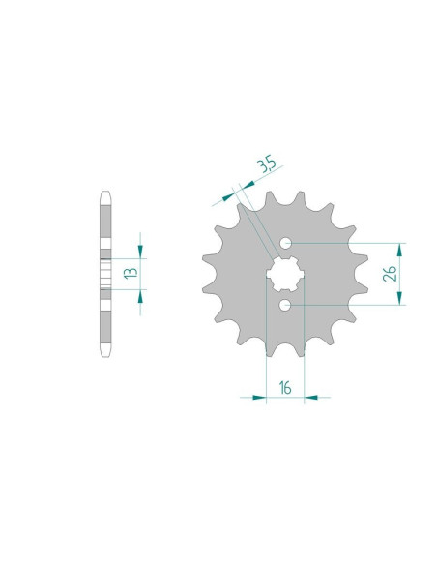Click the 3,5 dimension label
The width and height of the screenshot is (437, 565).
pyautogui.click(x=267, y=164)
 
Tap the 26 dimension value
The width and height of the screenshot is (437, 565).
pyautogui.click(x=390, y=274)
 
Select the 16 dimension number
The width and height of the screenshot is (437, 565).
pyautogui.click(x=285, y=388)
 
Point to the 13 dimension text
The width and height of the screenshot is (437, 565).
pyautogui.click(x=131, y=273)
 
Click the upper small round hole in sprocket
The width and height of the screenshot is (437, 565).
pyautogui.click(x=286, y=243)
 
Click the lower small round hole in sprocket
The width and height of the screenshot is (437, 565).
pyautogui.click(x=284, y=306)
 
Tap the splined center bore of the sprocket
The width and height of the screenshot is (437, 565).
pyautogui.click(x=285, y=274)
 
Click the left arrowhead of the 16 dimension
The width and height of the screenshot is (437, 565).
pyautogui.click(x=259, y=398)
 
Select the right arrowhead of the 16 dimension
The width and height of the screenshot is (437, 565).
pyautogui.click(x=311, y=398)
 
